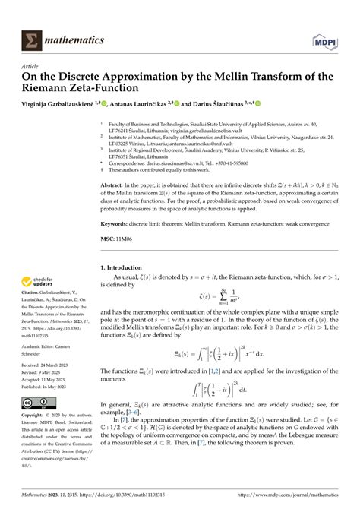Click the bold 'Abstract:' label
[x=113, y=185]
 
